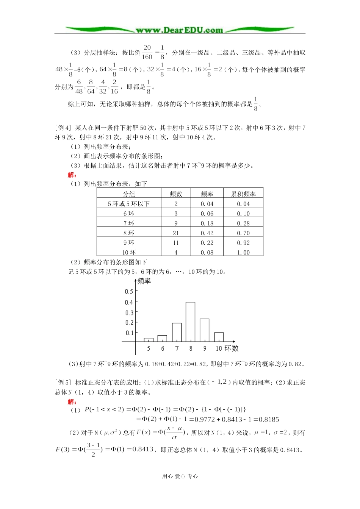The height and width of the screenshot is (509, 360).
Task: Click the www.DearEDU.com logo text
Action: pos(179,30)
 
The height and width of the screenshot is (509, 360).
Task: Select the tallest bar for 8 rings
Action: pos(191,322)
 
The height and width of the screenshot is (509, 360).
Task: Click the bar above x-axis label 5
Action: pos(149,340)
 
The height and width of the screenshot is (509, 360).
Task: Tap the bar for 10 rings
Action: pos(219,337)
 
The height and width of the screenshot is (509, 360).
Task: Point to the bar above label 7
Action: pos(177,332)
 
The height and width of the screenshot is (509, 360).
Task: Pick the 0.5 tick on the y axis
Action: pos(129,291)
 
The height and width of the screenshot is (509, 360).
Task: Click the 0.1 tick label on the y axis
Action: pos(129,333)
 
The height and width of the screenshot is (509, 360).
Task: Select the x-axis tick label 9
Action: pos(205,348)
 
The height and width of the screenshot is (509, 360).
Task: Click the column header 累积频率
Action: pos(243,194)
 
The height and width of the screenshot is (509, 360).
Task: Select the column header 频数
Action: pos(176,194)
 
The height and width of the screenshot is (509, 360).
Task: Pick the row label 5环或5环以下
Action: pos(129,204)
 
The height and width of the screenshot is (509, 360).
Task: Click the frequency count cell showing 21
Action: pos(176,233)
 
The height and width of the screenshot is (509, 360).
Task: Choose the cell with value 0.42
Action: pos(207,233)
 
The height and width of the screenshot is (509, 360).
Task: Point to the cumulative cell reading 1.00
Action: pos(243,253)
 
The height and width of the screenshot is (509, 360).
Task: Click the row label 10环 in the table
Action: pos(129,253)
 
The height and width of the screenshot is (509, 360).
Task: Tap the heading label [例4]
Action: pos(63,128)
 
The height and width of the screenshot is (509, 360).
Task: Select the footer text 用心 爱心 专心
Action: pos(180,476)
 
